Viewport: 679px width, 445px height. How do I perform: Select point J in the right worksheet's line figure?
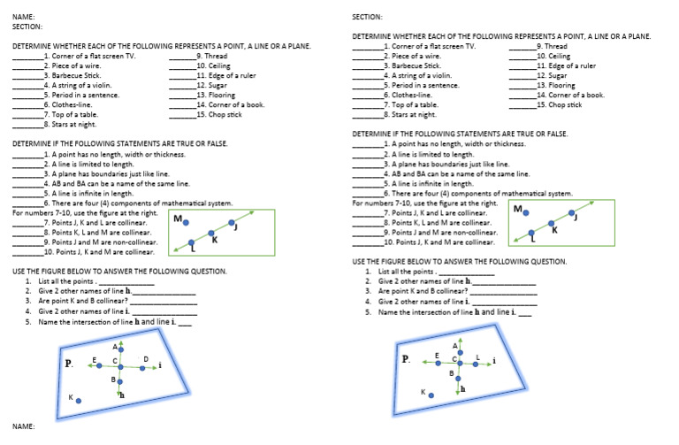coord(572,214)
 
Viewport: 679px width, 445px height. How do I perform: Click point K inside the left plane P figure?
coord(80,401)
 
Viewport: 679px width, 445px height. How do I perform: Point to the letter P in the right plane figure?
coord(406,359)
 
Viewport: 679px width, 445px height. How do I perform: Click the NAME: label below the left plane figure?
coord(23,426)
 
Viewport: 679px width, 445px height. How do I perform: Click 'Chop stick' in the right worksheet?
coord(565,104)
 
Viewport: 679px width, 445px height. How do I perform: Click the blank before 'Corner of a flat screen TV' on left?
coord(27,56)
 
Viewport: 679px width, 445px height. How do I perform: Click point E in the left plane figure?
coord(98,362)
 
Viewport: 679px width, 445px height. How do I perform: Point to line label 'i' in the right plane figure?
coord(494,361)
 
